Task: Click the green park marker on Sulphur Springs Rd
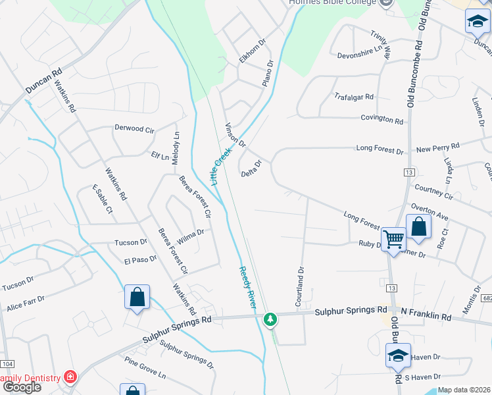tap(270, 319)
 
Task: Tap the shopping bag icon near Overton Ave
tap(418, 227)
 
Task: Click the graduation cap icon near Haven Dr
tap(398, 356)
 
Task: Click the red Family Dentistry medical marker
tap(70, 378)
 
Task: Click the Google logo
tap(21, 387)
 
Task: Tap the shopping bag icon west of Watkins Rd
tap(137, 298)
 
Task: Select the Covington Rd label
tap(381, 120)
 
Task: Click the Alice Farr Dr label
tap(25, 302)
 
